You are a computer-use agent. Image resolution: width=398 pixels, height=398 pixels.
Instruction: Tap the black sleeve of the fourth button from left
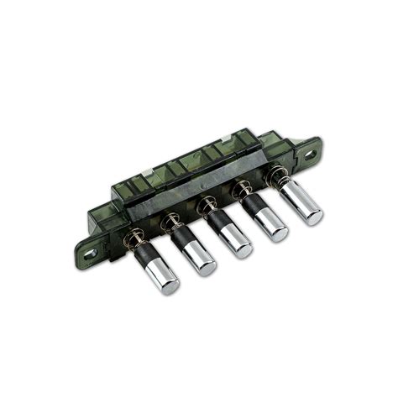click(x=254, y=204)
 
